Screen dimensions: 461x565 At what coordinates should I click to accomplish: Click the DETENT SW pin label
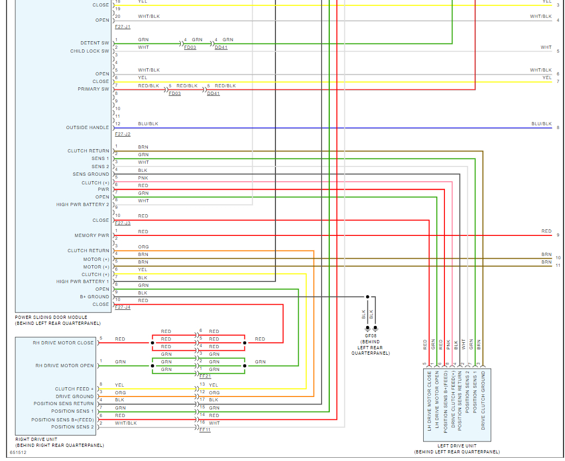95,43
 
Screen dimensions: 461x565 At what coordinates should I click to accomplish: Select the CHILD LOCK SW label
90,52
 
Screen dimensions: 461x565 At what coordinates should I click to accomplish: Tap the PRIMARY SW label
93,89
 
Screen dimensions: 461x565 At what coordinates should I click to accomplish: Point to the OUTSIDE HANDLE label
87,128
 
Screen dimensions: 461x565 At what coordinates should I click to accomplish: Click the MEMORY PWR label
92,236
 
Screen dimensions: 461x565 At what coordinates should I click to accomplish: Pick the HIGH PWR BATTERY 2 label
83,205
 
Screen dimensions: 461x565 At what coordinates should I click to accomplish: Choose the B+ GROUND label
95,297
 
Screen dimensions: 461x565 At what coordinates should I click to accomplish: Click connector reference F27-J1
123,27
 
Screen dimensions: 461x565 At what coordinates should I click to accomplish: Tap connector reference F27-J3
123,223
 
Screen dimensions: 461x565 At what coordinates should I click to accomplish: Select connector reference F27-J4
123,307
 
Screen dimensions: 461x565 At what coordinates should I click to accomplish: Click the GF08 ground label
371,336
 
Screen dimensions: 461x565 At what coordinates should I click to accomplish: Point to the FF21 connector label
205,376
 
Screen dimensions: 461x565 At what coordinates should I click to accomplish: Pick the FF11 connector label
205,430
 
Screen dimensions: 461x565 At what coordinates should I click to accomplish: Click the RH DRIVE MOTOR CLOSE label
63,343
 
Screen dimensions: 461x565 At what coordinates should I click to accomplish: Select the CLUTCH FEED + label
74,389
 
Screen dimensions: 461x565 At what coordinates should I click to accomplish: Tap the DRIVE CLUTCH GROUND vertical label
483,401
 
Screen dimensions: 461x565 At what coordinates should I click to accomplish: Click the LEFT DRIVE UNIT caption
457,446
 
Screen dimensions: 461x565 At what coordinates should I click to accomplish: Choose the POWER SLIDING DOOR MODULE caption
51,317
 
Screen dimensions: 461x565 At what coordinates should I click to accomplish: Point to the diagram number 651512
18,452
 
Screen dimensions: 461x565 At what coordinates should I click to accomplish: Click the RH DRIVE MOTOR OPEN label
65,366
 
